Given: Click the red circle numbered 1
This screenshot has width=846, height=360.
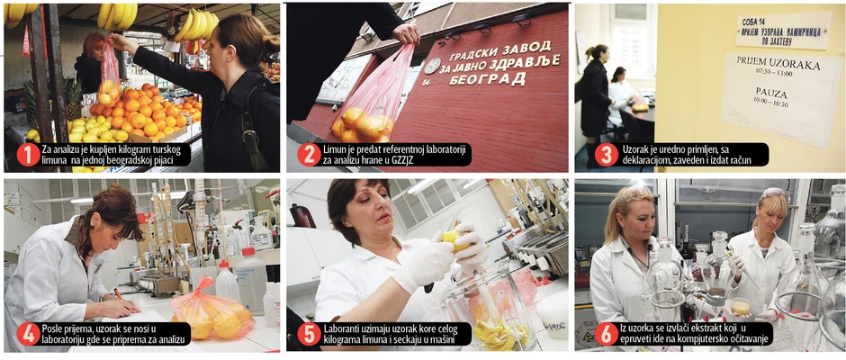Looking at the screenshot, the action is click(28, 155).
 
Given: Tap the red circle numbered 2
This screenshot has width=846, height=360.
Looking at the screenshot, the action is click(310, 155).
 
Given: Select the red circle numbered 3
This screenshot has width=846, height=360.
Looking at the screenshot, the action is click(607, 155).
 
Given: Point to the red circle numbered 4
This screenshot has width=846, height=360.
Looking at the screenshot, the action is click(28, 334).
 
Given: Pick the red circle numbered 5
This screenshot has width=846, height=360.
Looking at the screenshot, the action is click(310, 334).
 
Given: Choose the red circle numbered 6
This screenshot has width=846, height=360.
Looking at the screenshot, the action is click(607, 334).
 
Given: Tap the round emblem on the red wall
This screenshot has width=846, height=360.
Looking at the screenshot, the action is click(432, 66).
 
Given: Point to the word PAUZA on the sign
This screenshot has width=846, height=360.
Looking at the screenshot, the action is click(771, 94).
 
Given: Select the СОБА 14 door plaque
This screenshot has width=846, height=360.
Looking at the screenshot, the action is click(783, 31).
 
